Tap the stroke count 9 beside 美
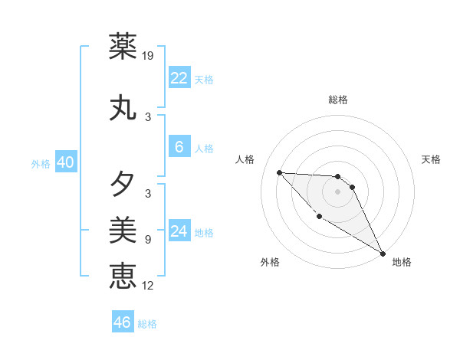[148, 239]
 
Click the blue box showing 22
[179, 78]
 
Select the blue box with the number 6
[179, 148]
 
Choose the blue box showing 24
[179, 232]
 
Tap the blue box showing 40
[65, 162]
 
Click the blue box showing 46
[123, 322]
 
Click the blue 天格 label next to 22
[204, 79]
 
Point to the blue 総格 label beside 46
[148, 324]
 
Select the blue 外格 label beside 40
[41, 163]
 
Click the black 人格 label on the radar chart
[245, 159]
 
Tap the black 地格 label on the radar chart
[402, 262]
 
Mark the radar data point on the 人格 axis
[279, 172]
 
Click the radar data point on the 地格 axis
[383, 253]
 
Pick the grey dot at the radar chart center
[337, 191]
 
